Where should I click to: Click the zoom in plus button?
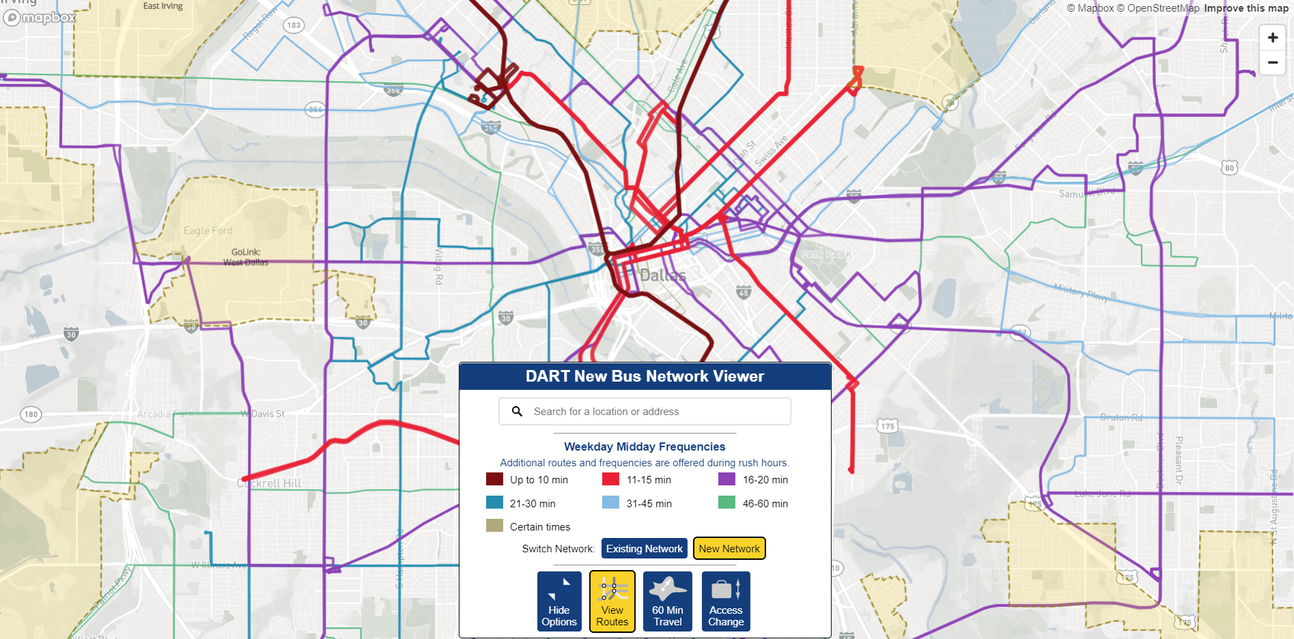coord(1272,38)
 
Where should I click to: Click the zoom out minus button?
coord(1272,63)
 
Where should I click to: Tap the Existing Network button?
coord(644,549)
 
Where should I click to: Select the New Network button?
coord(729,549)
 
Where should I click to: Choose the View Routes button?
coord(612,601)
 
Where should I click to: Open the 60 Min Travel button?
coord(667,601)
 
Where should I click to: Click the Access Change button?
coord(725,601)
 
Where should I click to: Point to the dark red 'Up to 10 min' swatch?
coord(494,479)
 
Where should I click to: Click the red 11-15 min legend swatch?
coord(610,479)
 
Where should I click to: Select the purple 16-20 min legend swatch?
coord(727,479)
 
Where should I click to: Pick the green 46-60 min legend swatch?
coord(727,503)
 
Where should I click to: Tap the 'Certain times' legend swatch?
coord(494,526)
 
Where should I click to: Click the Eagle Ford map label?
coord(208,231)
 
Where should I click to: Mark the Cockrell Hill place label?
coord(269,483)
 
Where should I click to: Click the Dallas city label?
coord(662,275)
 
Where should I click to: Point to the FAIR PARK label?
coord(826,255)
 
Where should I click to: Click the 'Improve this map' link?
coord(1246,8)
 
